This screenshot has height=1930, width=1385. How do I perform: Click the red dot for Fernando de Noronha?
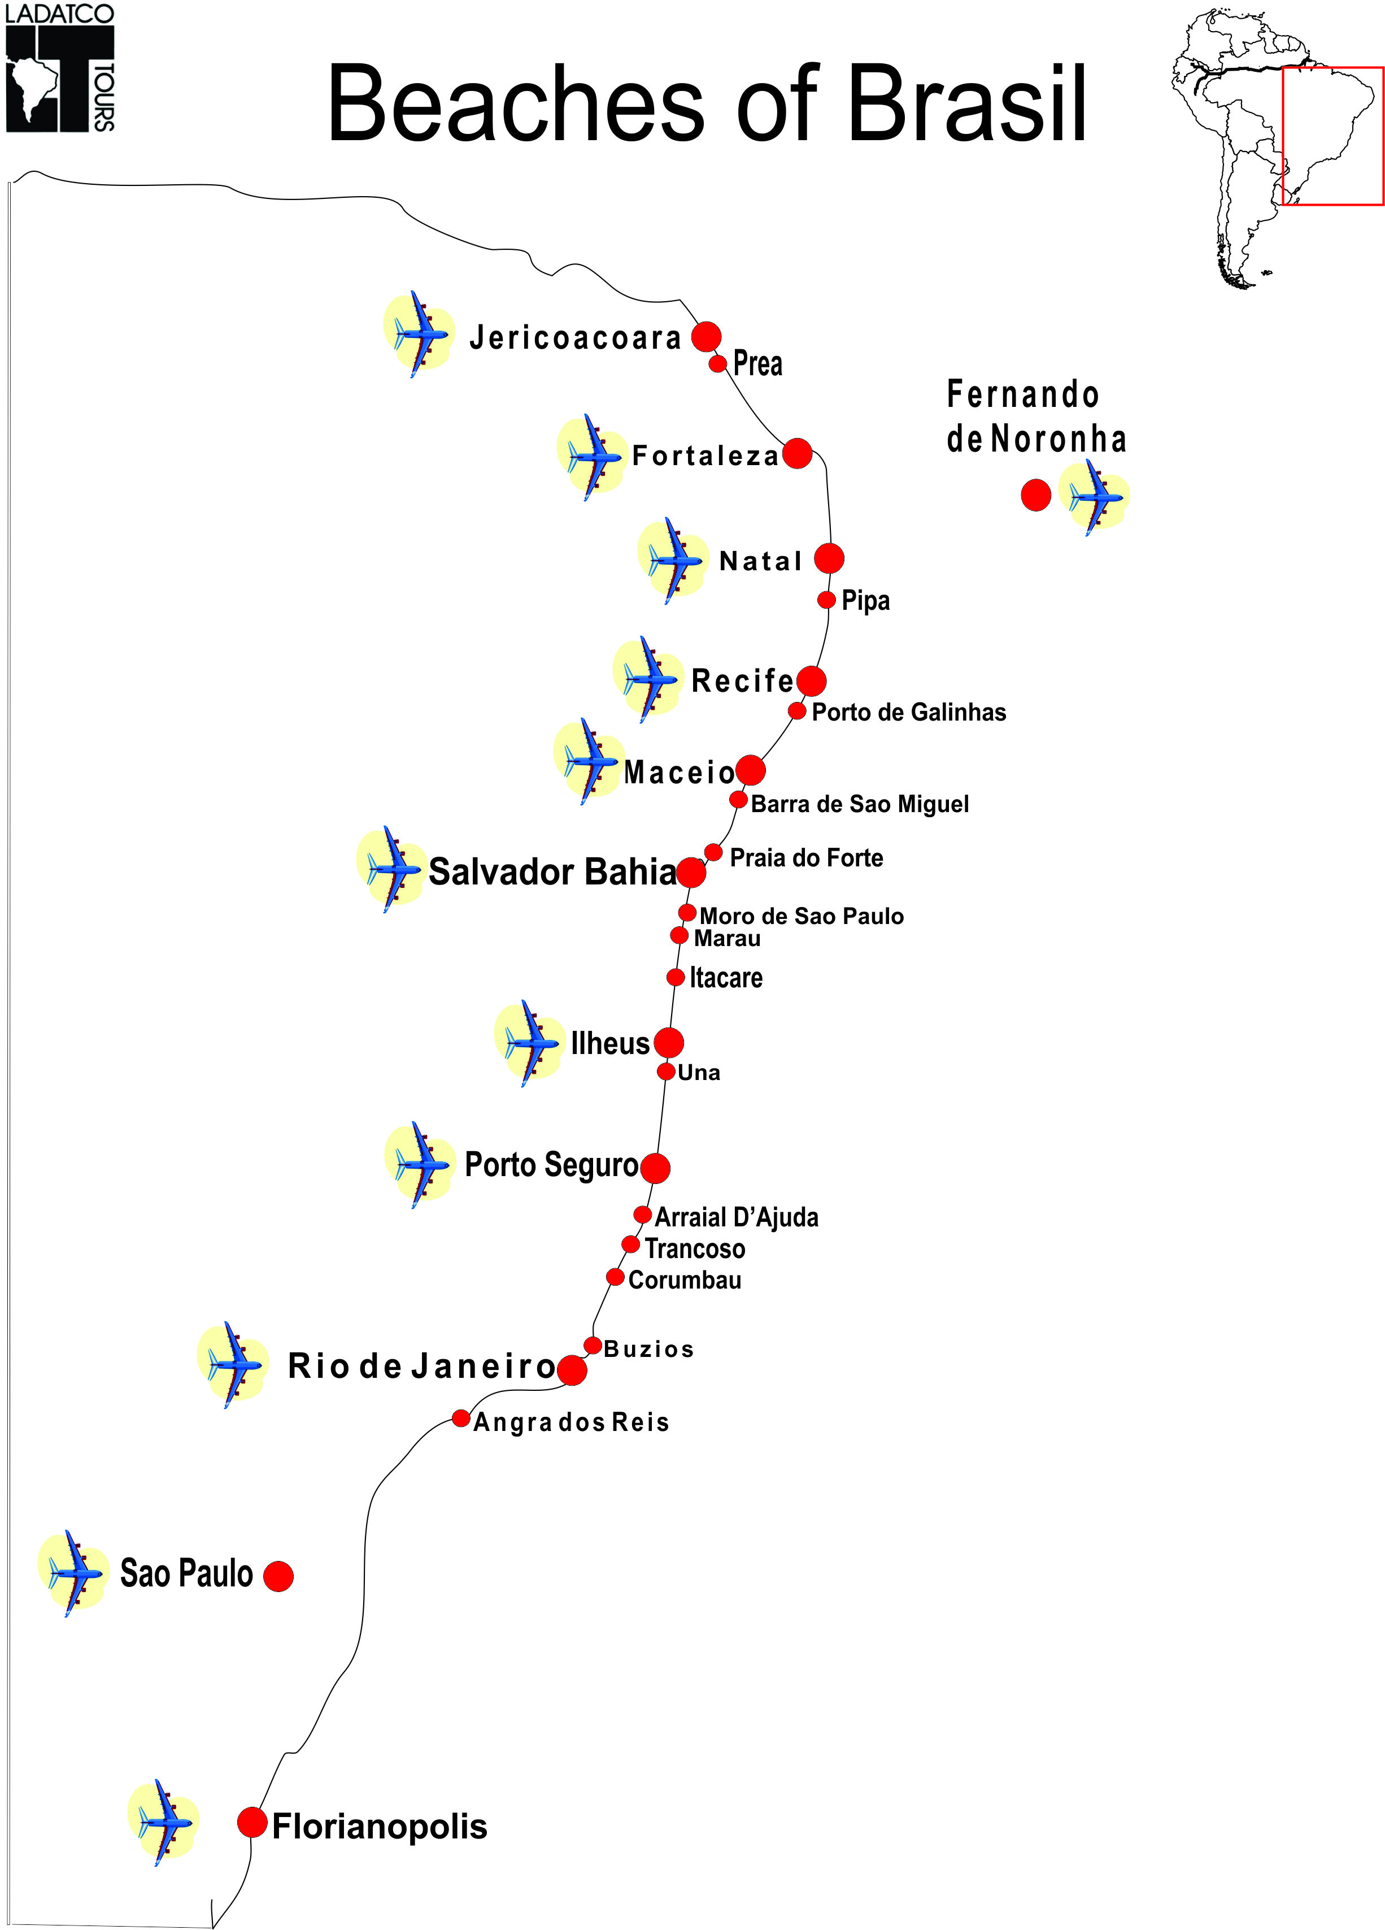(1035, 495)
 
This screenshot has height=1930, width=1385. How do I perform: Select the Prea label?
(757, 363)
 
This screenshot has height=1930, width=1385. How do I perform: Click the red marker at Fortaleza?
(796, 454)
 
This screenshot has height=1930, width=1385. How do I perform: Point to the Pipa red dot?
(826, 600)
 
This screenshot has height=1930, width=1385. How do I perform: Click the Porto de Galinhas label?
(909, 712)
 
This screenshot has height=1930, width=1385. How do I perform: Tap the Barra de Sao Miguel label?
(859, 804)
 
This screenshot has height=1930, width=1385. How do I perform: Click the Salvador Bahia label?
(552, 871)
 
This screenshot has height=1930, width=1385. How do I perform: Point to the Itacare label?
(726, 977)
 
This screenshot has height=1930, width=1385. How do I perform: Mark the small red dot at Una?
(666, 1072)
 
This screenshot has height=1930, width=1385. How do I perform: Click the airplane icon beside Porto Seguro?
(420, 1165)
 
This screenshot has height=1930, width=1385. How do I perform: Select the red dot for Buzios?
(593, 1346)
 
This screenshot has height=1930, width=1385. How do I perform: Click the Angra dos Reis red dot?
(460, 1418)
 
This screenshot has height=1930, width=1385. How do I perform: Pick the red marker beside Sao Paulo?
(278, 1576)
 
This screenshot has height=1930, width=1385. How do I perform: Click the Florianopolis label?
(380, 1826)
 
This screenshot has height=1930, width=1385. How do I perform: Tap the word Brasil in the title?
(967, 104)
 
